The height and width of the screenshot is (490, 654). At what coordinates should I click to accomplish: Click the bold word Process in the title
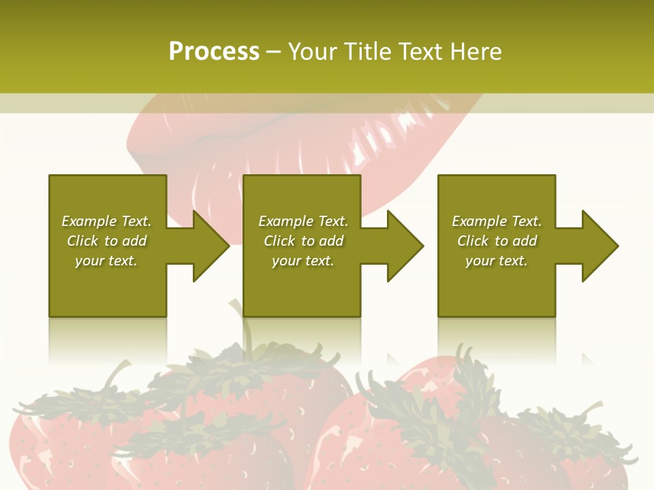214,52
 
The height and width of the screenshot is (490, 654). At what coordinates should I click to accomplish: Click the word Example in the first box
89,221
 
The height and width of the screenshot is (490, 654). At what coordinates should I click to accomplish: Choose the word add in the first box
134,241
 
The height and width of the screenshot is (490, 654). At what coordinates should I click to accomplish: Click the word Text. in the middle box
332,221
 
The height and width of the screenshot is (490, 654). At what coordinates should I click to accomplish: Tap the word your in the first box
89,261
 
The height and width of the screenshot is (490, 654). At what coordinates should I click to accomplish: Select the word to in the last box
501,241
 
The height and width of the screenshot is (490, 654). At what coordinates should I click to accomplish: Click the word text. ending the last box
512,261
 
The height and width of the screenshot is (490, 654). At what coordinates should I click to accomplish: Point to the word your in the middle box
285,261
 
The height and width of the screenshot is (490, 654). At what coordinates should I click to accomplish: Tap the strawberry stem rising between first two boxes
243,327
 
